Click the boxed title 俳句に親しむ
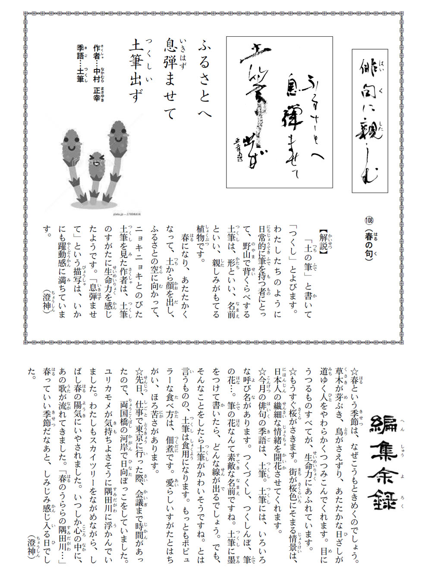[369, 120]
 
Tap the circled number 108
[369, 221]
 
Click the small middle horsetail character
[94, 173]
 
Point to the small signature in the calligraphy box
[236, 149]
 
